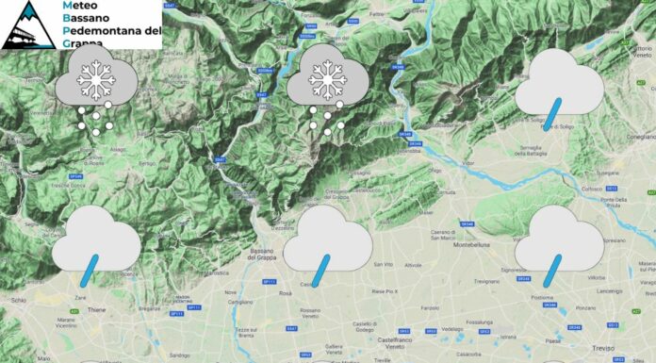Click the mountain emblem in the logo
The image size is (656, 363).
coord(27,24)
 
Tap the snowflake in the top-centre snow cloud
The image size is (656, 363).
coord(326,81)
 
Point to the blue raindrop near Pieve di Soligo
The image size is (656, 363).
coord(557,111)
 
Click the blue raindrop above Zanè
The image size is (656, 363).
coord(90,270)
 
